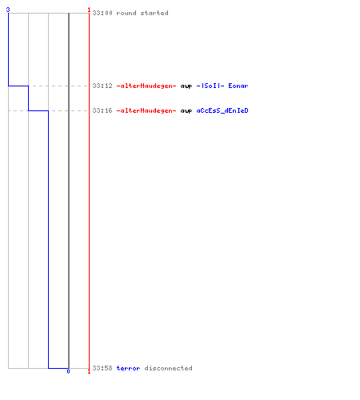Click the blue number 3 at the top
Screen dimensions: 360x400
point(8,10)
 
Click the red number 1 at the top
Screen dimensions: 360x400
point(89,10)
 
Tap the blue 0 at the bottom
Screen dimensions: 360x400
point(68,371)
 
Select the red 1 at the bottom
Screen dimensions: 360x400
point(89,371)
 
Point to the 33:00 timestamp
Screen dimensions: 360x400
point(102,13)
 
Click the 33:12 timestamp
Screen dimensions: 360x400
point(102,86)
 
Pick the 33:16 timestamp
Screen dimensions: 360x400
point(102,110)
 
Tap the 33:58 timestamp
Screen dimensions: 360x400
point(102,368)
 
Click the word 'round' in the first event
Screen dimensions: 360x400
point(126,13)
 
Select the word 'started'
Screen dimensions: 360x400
point(154,13)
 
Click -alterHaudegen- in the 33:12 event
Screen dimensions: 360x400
point(146,86)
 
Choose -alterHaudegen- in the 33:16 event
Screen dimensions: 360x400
point(146,110)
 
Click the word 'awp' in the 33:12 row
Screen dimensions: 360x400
point(186,86)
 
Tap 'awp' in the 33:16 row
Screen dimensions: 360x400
point(186,111)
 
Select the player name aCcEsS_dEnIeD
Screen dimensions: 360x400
point(222,110)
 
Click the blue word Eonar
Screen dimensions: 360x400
point(238,86)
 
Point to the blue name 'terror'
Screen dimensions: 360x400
point(129,368)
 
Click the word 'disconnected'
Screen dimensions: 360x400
point(169,368)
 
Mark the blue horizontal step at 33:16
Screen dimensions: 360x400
point(38,110)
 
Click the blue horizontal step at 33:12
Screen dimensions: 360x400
point(18,86)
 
